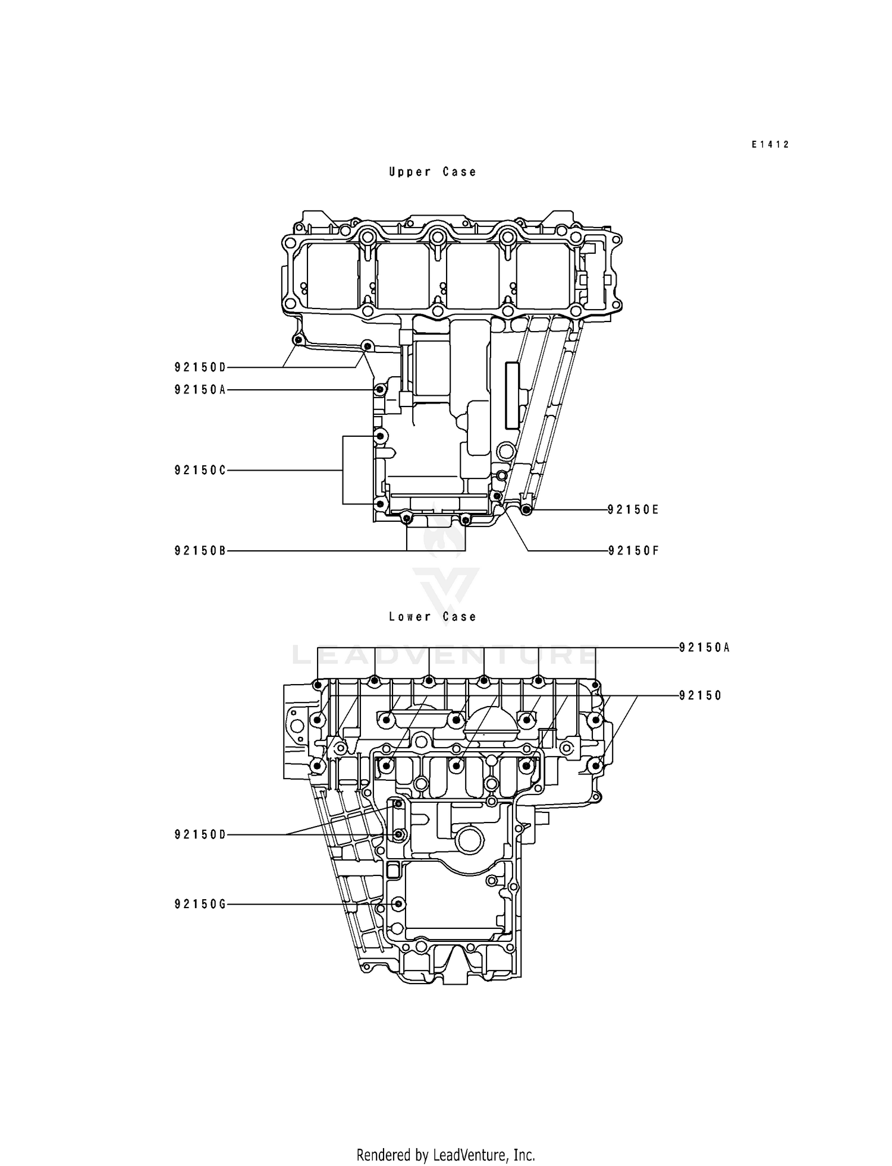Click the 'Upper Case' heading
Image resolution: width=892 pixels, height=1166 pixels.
(x=432, y=172)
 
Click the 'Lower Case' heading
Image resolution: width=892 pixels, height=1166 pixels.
(x=432, y=617)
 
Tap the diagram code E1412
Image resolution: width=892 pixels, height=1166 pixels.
(x=769, y=144)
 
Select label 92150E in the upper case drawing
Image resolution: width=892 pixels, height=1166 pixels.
(x=633, y=510)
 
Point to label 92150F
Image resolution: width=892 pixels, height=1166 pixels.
(x=633, y=551)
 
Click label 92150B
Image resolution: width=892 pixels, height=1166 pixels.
(x=200, y=551)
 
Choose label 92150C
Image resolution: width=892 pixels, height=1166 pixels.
(x=200, y=470)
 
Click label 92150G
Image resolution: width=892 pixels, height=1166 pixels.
(x=200, y=905)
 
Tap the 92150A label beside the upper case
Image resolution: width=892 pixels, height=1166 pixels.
(x=200, y=390)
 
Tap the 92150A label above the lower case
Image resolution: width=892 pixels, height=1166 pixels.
(x=704, y=648)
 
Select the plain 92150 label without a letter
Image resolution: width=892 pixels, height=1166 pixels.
(x=700, y=695)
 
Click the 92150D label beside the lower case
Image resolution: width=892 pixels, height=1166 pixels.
(x=200, y=835)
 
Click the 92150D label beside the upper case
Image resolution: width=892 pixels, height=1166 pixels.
(x=200, y=367)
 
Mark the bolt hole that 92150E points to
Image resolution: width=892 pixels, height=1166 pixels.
(x=526, y=510)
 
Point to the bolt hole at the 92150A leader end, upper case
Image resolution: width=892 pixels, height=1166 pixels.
(x=379, y=390)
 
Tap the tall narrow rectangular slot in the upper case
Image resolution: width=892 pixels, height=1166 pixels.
(x=511, y=395)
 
